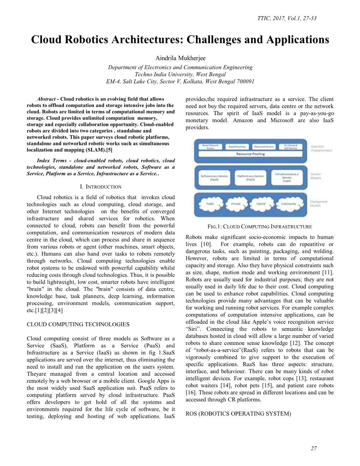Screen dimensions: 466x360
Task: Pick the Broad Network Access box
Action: [x=210, y=147]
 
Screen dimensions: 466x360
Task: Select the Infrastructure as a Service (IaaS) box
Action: [x=287, y=177]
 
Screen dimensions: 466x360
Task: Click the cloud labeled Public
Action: [x=210, y=204]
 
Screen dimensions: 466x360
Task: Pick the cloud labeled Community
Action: [x=288, y=204]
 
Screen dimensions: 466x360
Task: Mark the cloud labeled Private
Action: [x=236, y=204]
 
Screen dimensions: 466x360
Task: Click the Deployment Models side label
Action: [x=318, y=203]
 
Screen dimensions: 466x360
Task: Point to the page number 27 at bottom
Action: [x=313, y=448]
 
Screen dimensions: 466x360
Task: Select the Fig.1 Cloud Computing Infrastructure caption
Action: [x=259, y=227]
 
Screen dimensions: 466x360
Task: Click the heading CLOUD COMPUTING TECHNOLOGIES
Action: [x=78, y=324]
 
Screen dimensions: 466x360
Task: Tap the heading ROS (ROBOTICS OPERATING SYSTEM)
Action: [x=238, y=414]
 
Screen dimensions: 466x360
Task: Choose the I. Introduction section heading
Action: [x=101, y=187]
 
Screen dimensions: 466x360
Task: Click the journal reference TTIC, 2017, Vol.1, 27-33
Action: [x=287, y=18]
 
